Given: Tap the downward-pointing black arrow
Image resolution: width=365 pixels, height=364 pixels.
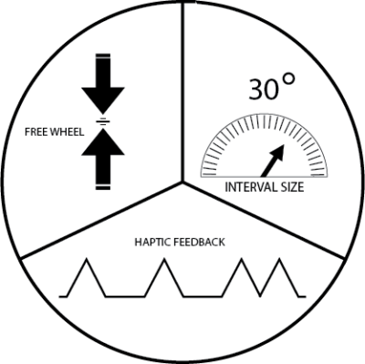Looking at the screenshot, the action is click(x=102, y=87).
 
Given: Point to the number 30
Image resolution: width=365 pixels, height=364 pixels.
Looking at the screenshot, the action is click(x=264, y=89).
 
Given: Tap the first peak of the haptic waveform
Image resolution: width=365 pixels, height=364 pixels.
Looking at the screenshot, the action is click(x=88, y=262).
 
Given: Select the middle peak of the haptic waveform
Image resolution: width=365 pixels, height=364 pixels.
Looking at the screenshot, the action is click(x=165, y=262).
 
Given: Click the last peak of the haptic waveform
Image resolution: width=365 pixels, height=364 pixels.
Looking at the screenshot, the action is click(x=243, y=262).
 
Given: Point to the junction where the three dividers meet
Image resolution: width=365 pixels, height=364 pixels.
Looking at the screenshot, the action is click(x=184, y=181).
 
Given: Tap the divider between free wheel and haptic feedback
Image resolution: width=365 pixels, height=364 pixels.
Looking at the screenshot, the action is click(x=100, y=219).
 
